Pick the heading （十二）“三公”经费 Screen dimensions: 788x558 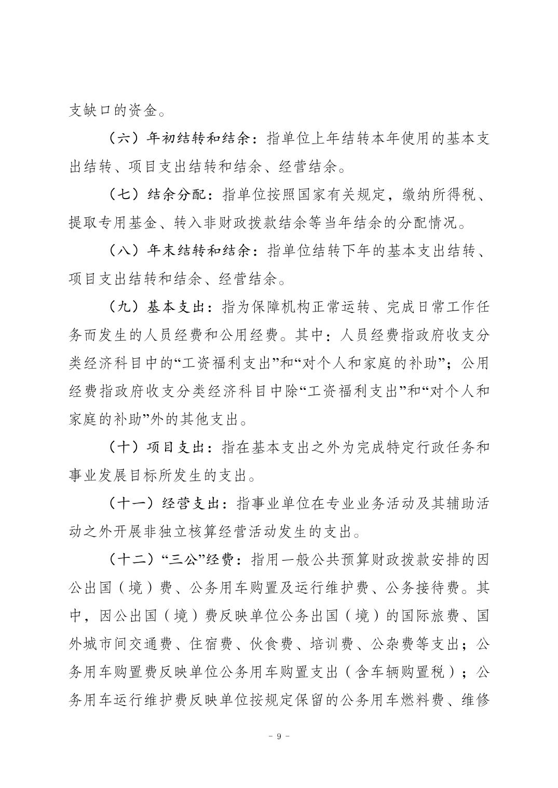pyautogui.click(x=174, y=560)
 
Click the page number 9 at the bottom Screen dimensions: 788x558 pyautogui.click(x=279, y=736)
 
